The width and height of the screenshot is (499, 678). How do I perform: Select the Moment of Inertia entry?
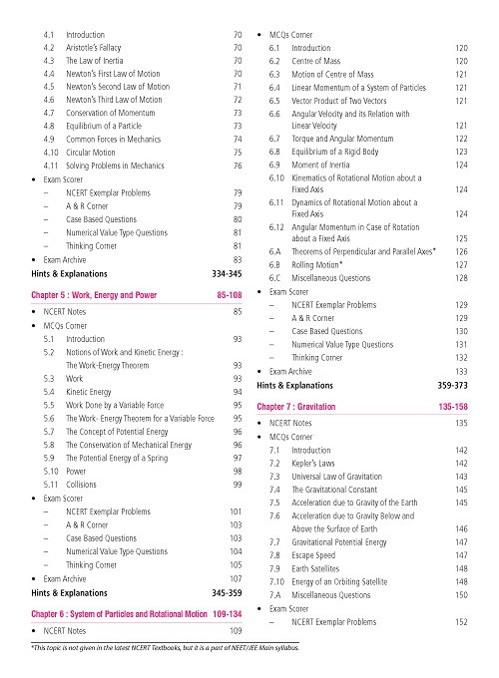(x=325, y=164)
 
